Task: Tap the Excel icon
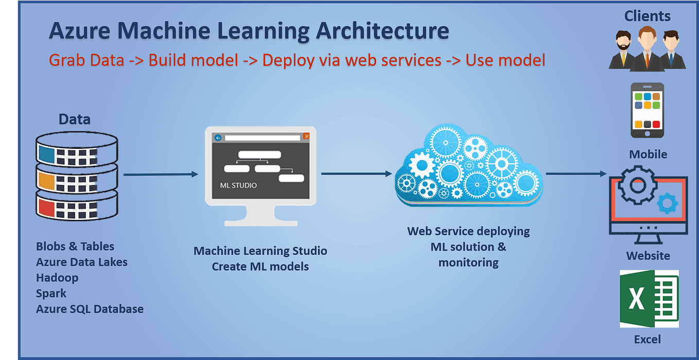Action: (x=649, y=299)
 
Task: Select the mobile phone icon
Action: (x=647, y=110)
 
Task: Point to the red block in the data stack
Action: (x=46, y=208)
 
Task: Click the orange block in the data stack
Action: (x=46, y=181)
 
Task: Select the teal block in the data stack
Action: (x=46, y=154)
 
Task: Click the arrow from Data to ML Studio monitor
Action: (x=161, y=174)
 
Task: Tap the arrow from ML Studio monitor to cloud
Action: (x=357, y=174)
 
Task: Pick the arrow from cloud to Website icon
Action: (x=576, y=174)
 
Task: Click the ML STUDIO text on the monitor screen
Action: (x=238, y=185)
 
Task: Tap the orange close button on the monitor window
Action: (x=306, y=136)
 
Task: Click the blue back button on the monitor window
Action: (x=218, y=138)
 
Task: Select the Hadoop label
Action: (x=57, y=278)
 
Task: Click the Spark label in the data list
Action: (x=51, y=294)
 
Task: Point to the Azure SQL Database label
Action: (x=90, y=309)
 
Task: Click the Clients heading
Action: (x=647, y=16)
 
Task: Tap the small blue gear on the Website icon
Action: (x=667, y=203)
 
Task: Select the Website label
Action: (x=648, y=256)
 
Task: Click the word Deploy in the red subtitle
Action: (x=288, y=60)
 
